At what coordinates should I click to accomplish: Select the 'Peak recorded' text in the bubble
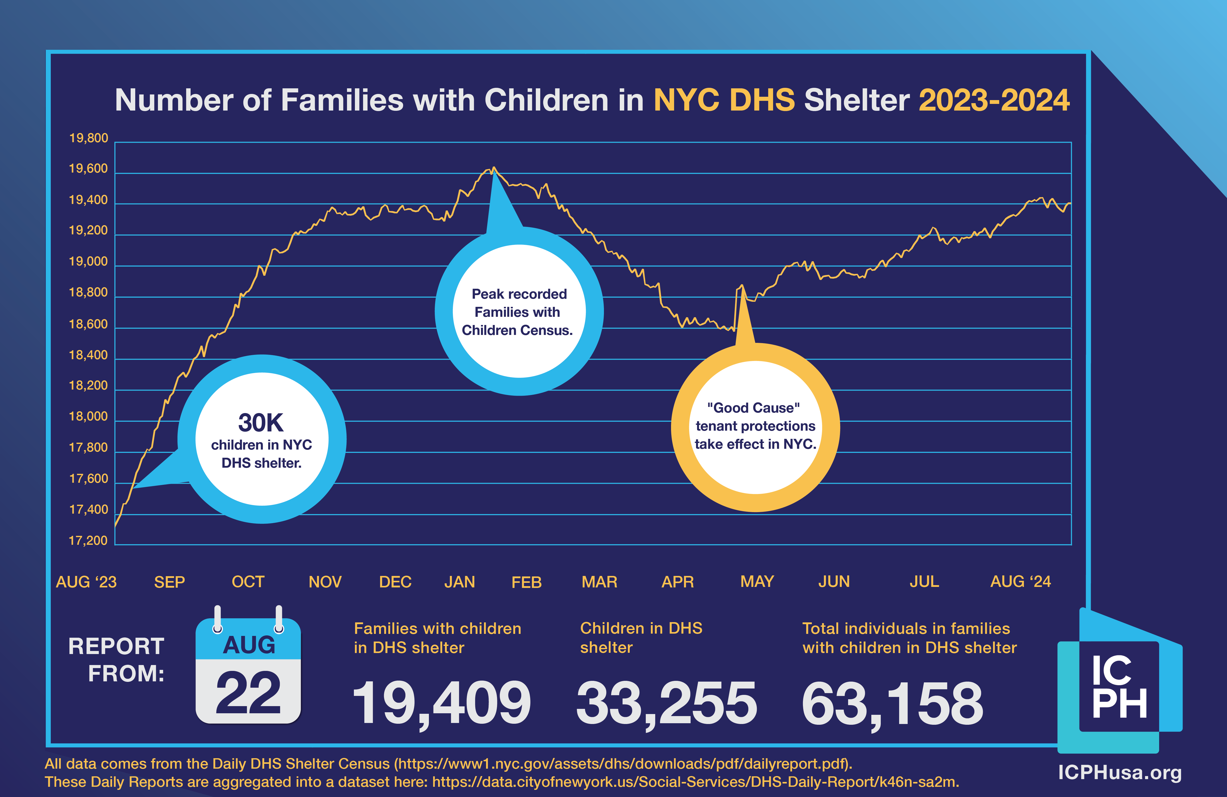(519, 294)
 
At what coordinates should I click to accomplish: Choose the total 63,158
(893, 703)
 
